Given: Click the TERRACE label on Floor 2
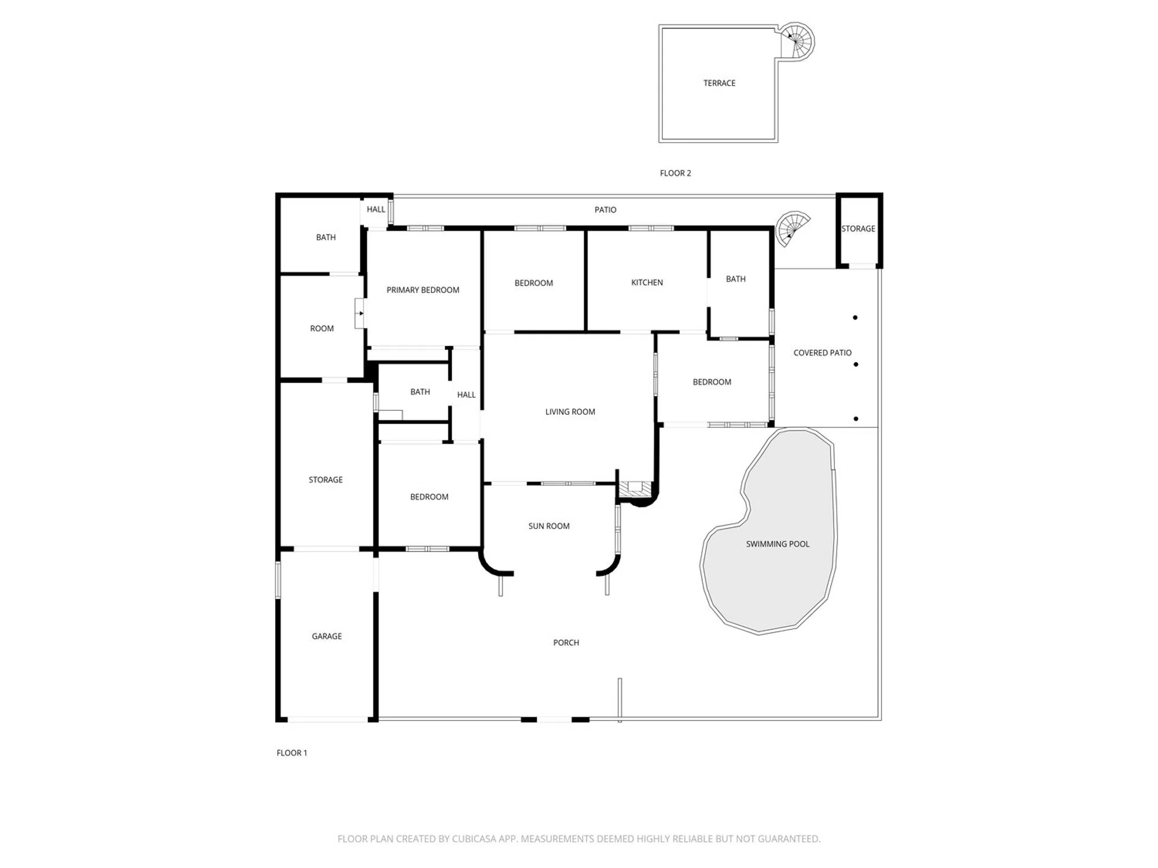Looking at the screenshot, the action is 719,83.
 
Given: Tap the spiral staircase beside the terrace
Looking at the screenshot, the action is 797,41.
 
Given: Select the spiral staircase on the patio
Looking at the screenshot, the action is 792,228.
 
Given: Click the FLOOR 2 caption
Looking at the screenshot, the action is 675,173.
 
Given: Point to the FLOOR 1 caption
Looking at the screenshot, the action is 292,753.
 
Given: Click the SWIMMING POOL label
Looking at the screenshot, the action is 778,544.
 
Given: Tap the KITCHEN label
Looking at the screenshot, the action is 647,282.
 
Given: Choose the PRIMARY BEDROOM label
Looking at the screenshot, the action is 423,290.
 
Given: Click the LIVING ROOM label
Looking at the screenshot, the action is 570,412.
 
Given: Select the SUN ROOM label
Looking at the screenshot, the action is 549,526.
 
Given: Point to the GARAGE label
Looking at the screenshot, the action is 327,637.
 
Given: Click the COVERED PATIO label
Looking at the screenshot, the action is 822,353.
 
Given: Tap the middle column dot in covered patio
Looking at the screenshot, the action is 856,365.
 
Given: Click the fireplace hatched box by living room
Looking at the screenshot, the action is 635,489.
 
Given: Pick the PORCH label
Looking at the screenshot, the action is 566,643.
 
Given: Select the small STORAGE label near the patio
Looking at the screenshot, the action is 858,229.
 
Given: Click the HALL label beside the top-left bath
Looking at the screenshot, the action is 376,209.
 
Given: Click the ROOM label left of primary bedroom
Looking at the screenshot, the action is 322,329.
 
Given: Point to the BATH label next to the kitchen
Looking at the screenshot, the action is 735,279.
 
